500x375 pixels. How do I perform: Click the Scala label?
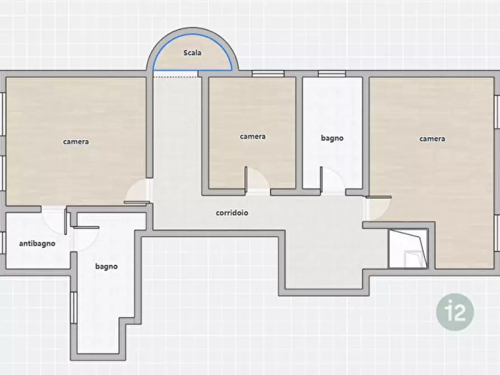192,53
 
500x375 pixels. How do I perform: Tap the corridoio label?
232,213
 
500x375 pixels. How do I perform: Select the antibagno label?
38,243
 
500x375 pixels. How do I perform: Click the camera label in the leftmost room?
76,142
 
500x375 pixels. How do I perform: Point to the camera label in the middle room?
253,137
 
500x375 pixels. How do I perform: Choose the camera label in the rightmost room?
432,139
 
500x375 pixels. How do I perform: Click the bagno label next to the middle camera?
332,138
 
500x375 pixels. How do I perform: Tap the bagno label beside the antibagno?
106,266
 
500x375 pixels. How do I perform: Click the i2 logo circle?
455,312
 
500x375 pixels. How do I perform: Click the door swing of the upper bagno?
333,180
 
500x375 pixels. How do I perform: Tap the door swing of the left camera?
137,191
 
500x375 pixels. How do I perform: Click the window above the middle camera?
268,74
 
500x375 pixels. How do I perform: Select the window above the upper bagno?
331,74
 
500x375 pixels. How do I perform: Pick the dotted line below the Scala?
175,77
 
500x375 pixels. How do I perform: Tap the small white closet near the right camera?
408,249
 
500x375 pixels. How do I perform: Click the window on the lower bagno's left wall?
74,308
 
